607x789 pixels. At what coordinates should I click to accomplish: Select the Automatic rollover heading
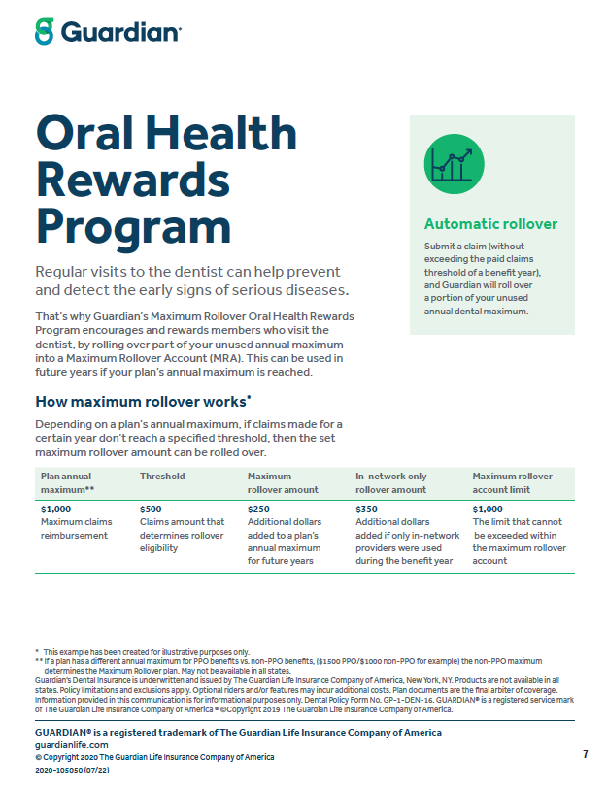pyautogui.click(x=490, y=224)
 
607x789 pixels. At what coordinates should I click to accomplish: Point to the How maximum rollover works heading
pyautogui.click(x=142, y=401)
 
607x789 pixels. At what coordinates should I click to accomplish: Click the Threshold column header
pyautogui.click(x=162, y=477)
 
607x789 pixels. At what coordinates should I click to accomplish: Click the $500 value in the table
pyautogui.click(x=152, y=509)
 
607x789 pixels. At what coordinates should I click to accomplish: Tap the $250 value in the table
pyautogui.click(x=260, y=509)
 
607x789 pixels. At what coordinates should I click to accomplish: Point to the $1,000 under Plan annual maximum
pyautogui.click(x=57, y=509)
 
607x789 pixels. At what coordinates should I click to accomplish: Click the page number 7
pyautogui.click(x=585, y=754)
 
